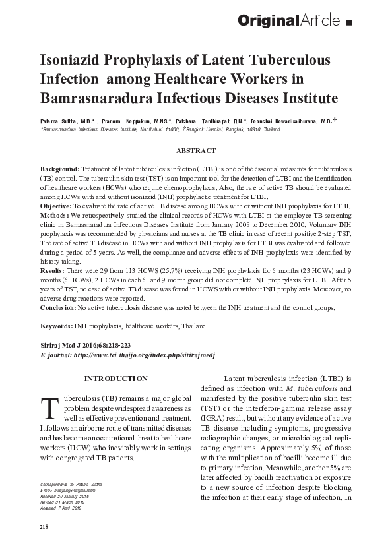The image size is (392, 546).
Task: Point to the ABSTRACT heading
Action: click(196, 151)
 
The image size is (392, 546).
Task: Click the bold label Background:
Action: click(59, 169)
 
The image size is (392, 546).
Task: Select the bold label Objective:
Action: click(57, 206)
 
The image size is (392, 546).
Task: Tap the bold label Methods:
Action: click(55, 216)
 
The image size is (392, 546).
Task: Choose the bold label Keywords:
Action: click(58, 326)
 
